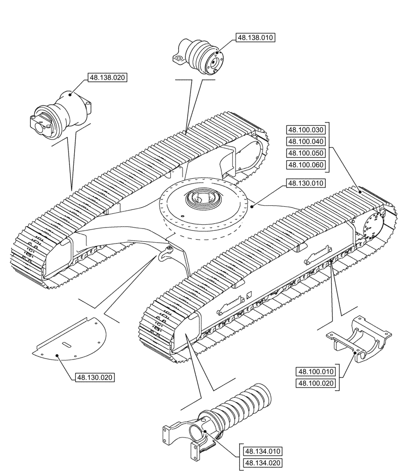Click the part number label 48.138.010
click(255, 38)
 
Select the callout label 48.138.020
click(108, 78)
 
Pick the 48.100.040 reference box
click(306, 141)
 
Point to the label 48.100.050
click(306, 153)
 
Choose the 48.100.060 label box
click(306, 164)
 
